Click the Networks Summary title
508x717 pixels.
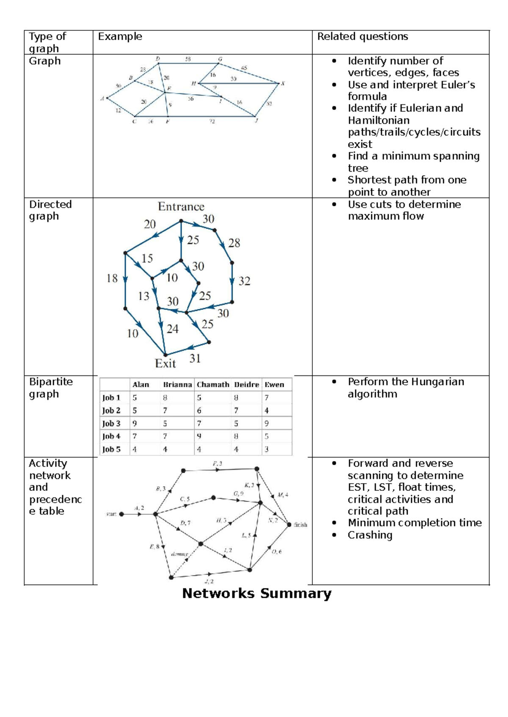[257, 594]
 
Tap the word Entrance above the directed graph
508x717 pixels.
[181, 207]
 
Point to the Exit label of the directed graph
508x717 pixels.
[165, 364]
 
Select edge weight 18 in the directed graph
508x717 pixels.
[112, 278]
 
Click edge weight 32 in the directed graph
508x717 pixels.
[244, 281]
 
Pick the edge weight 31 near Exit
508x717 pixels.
[195, 358]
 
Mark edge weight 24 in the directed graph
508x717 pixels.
[172, 329]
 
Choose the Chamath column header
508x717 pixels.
[213, 385]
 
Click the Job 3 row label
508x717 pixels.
[111, 424]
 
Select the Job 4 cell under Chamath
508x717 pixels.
[199, 436]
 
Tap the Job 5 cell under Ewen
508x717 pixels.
[267, 449]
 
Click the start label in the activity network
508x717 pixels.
[111, 514]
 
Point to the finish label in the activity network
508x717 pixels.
[301, 525]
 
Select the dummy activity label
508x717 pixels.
[179, 554]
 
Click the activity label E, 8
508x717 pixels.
[154, 547]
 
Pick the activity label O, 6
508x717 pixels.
[276, 552]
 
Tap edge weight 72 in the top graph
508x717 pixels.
[212, 121]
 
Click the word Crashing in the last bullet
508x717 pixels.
[370, 535]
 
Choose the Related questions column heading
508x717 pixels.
[363, 37]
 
